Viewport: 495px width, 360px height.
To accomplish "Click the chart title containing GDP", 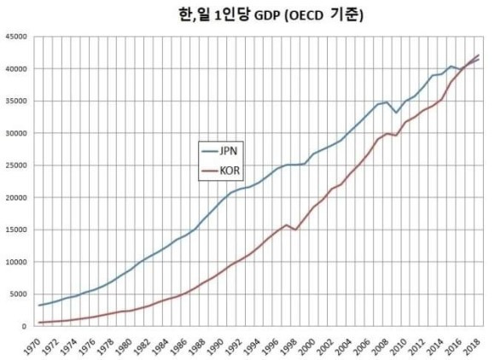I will (248, 15).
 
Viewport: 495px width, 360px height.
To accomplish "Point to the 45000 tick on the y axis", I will (17, 37).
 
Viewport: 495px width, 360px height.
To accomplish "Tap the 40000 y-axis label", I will (17, 69).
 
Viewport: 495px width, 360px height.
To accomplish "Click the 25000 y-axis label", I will (17, 165).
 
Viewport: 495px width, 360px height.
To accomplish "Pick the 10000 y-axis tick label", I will (17, 262).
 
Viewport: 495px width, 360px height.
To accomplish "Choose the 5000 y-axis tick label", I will (19, 294).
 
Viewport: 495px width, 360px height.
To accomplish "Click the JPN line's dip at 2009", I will (396, 113).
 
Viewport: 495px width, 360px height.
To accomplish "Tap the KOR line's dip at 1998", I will (295, 229).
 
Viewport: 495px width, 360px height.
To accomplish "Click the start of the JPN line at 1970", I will (39, 305).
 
